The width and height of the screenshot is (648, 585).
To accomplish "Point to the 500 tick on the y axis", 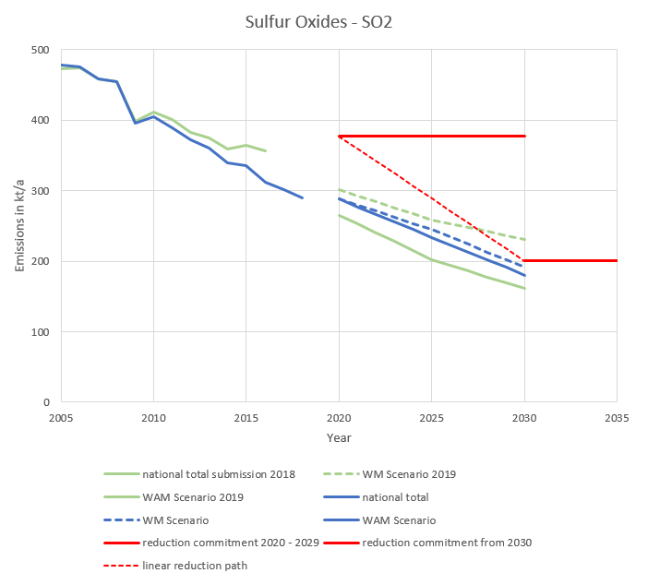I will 38,50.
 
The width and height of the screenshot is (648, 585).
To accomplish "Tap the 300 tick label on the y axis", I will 38,191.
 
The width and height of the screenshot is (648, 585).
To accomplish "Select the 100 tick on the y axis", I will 38,332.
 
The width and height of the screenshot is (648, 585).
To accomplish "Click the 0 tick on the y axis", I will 44,402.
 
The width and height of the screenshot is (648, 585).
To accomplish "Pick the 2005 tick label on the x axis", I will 61,418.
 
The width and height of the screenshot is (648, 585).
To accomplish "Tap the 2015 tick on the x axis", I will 246,418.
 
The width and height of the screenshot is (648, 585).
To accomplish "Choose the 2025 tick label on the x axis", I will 431,418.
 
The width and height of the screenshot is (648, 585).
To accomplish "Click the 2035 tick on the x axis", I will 616,418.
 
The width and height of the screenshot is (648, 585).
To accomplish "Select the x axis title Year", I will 338,437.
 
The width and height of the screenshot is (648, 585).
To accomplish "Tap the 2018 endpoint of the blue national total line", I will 302,197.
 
